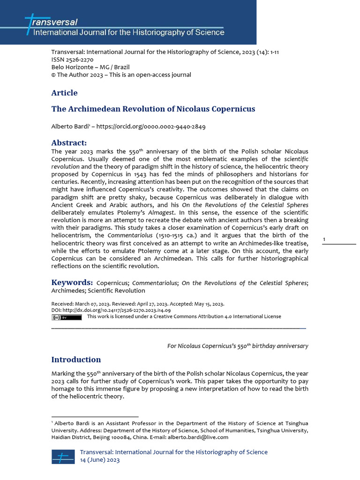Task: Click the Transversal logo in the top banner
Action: point(52,22)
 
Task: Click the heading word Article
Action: point(64,93)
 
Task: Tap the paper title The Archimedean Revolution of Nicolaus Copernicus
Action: point(153,109)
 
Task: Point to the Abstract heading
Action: point(68,143)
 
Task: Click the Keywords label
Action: point(72,283)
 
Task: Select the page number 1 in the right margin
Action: point(324,240)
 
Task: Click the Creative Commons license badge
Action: point(66,317)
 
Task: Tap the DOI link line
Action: point(111,310)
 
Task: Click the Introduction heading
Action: point(76,360)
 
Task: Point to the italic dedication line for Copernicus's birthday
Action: point(238,346)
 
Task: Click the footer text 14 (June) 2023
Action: point(100,460)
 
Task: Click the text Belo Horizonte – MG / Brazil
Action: point(83,67)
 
